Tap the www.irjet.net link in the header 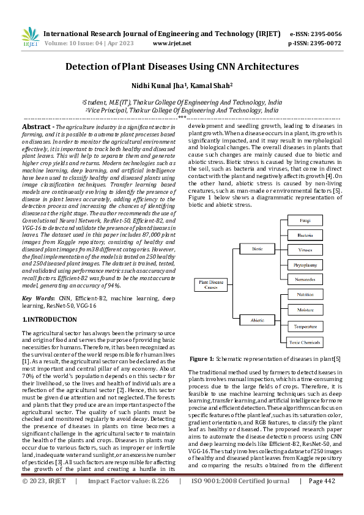171,43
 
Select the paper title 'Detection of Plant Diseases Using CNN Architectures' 182,66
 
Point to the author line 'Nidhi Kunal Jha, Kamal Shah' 182,86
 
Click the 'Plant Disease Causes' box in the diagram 210,284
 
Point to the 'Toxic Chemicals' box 305,343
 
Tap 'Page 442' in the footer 323,498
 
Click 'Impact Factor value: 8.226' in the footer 128,498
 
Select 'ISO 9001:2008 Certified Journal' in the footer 240,498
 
